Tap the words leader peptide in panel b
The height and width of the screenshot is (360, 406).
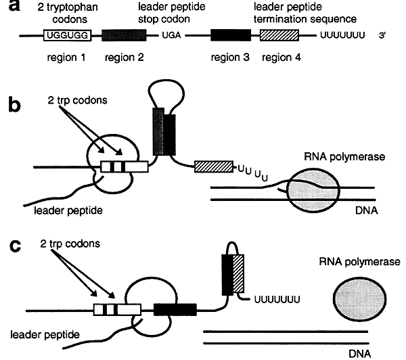[63, 210]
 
